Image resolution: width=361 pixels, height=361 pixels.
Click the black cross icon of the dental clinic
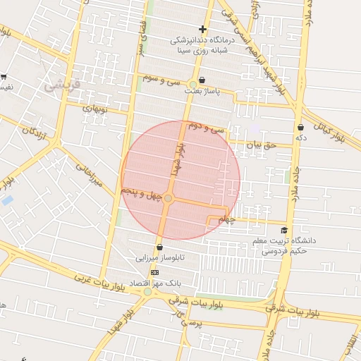pyautogui.click(x=203, y=30)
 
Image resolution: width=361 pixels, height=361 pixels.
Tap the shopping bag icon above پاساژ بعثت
pyautogui.click(x=203, y=80)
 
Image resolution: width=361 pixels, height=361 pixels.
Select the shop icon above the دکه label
pyautogui.click(x=301, y=128)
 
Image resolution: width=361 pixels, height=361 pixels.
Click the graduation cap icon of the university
pyautogui.click(x=284, y=231)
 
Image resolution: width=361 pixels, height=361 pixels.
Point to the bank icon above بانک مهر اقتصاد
pyautogui.click(x=155, y=272)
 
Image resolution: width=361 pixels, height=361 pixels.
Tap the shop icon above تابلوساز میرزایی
pyautogui.click(x=161, y=247)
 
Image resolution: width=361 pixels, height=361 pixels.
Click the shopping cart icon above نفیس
pyautogui.click(x=4, y=77)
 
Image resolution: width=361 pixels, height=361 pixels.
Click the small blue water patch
pyautogui.click(x=7, y=200)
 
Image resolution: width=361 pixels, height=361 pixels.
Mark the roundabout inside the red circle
pyautogui.click(x=168, y=198)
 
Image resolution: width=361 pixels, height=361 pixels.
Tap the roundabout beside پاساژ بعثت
pyautogui.click(x=193, y=85)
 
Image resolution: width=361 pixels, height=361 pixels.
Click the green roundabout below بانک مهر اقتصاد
pyautogui.click(x=147, y=292)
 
